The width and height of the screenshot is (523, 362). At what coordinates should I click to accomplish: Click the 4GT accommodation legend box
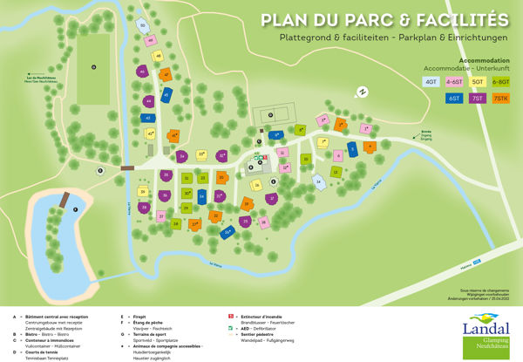click(x=431, y=81)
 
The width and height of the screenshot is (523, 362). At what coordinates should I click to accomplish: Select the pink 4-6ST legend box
click(x=454, y=81)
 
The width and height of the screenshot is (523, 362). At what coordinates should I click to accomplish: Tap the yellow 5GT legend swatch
click(x=478, y=81)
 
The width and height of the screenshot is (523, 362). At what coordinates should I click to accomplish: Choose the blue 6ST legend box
click(x=454, y=99)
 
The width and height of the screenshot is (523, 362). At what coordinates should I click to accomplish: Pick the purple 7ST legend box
click(x=478, y=99)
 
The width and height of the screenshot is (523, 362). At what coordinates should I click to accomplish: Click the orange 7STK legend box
click(x=501, y=99)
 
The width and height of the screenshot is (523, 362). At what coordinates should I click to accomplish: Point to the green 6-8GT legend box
click(x=501, y=81)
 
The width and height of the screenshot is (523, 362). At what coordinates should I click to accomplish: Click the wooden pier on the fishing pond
click(x=62, y=202)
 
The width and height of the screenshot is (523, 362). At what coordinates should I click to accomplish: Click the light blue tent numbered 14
click(x=319, y=181)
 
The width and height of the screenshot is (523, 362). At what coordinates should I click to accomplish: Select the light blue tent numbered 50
click(x=143, y=26)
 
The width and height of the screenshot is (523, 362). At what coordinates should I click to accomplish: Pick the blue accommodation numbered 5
click(x=353, y=147)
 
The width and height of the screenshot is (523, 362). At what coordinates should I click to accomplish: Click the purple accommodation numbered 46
click(x=142, y=72)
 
